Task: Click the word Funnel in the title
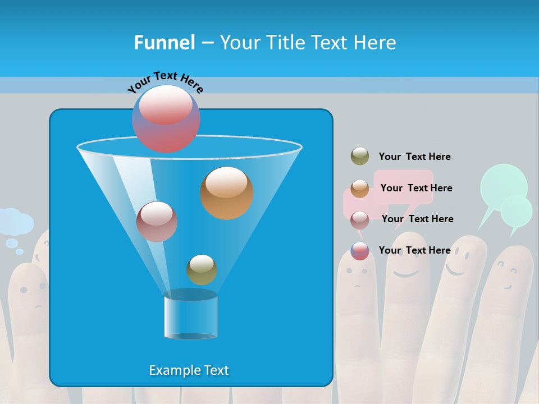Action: coord(164,43)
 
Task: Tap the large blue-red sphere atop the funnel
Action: coord(166,118)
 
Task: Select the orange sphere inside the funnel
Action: coord(226,192)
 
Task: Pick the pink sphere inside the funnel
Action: coord(157,221)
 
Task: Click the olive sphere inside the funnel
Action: coord(202,269)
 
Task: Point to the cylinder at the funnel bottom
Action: coord(190,315)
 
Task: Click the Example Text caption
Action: coord(189,370)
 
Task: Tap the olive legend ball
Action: coord(359,157)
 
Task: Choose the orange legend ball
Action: coord(359,189)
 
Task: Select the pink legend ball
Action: coord(359,220)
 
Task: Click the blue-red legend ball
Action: coord(359,251)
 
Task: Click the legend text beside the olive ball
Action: coord(414,157)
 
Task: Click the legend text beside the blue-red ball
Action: coord(414,250)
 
